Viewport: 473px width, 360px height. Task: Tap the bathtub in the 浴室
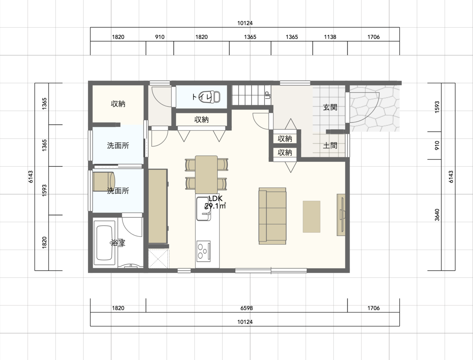pyautogui.click(x=104, y=243)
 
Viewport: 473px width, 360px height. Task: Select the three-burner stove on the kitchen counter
pyautogui.click(x=203, y=251)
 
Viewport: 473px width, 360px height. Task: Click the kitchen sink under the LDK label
pyautogui.click(x=204, y=209)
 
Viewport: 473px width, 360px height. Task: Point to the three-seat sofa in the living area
pyautogui.click(x=272, y=216)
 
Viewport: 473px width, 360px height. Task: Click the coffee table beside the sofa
pyautogui.click(x=311, y=217)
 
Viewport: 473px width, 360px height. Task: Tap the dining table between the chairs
pyautogui.click(x=206, y=174)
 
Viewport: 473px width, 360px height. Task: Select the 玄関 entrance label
pyautogui.click(x=330, y=107)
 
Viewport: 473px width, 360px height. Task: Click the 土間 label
pyautogui.click(x=330, y=146)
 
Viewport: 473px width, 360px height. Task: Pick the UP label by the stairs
pyautogui.click(x=268, y=95)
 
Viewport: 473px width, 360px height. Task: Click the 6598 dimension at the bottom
pyautogui.click(x=246, y=308)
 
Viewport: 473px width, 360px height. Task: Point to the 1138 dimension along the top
pyautogui.click(x=330, y=37)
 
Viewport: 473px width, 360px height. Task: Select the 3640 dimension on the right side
pyautogui.click(x=437, y=215)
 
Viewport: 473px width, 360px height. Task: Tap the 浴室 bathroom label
pyautogui.click(x=118, y=243)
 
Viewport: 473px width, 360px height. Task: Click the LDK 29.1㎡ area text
pyautogui.click(x=215, y=202)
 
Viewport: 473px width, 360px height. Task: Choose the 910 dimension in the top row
pyautogui.click(x=160, y=37)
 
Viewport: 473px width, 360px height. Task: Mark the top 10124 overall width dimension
pyautogui.click(x=245, y=23)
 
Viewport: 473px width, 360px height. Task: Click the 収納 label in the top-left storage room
pyautogui.click(x=118, y=104)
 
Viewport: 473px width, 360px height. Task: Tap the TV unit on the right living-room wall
pyautogui.click(x=341, y=215)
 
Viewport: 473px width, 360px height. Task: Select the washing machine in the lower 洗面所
pyautogui.click(x=104, y=182)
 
